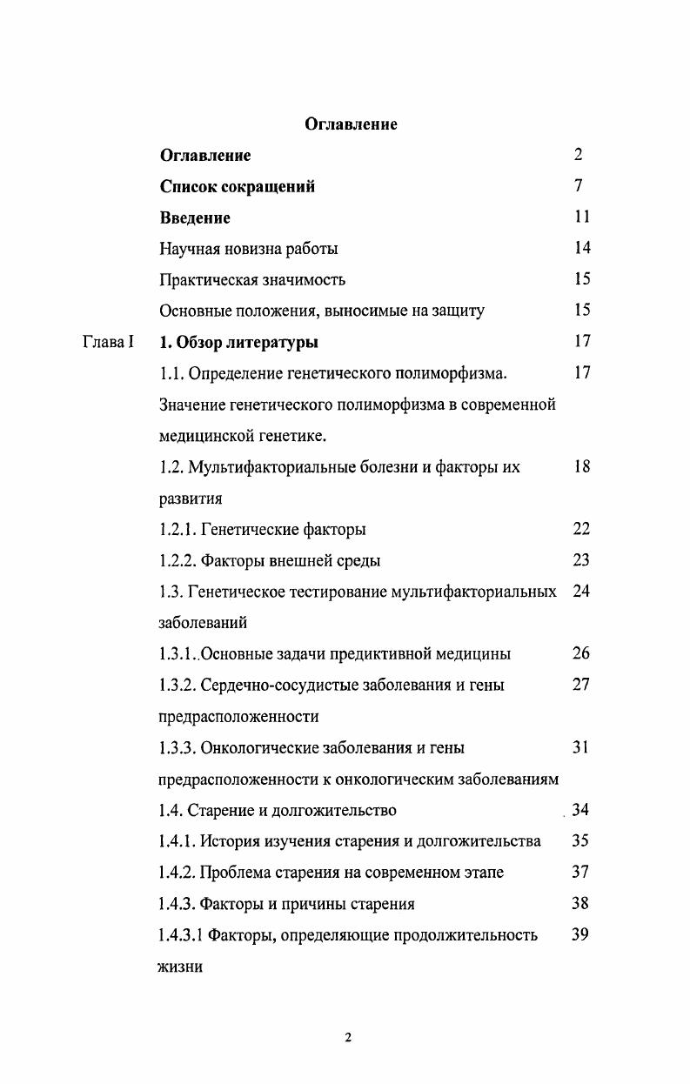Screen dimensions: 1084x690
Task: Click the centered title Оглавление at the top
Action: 351,124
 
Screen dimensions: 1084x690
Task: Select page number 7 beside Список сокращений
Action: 579,186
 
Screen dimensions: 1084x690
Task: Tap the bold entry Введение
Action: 195,217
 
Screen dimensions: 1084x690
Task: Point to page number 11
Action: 582,217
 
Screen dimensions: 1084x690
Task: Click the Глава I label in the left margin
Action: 108,342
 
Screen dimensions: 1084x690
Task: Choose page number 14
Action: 582,248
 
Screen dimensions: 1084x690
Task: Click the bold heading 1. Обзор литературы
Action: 239,342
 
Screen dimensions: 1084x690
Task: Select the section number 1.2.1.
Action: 178,529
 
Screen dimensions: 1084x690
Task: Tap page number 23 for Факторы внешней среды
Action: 581,560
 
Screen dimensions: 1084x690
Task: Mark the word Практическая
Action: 206,280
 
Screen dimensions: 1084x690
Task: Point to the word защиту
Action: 456,311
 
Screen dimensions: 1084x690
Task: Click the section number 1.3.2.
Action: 178,686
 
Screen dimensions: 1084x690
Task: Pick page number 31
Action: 581,747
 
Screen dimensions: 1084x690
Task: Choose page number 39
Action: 581,934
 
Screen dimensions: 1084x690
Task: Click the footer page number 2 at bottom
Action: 348,1037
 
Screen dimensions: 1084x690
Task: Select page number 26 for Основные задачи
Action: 581,653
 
